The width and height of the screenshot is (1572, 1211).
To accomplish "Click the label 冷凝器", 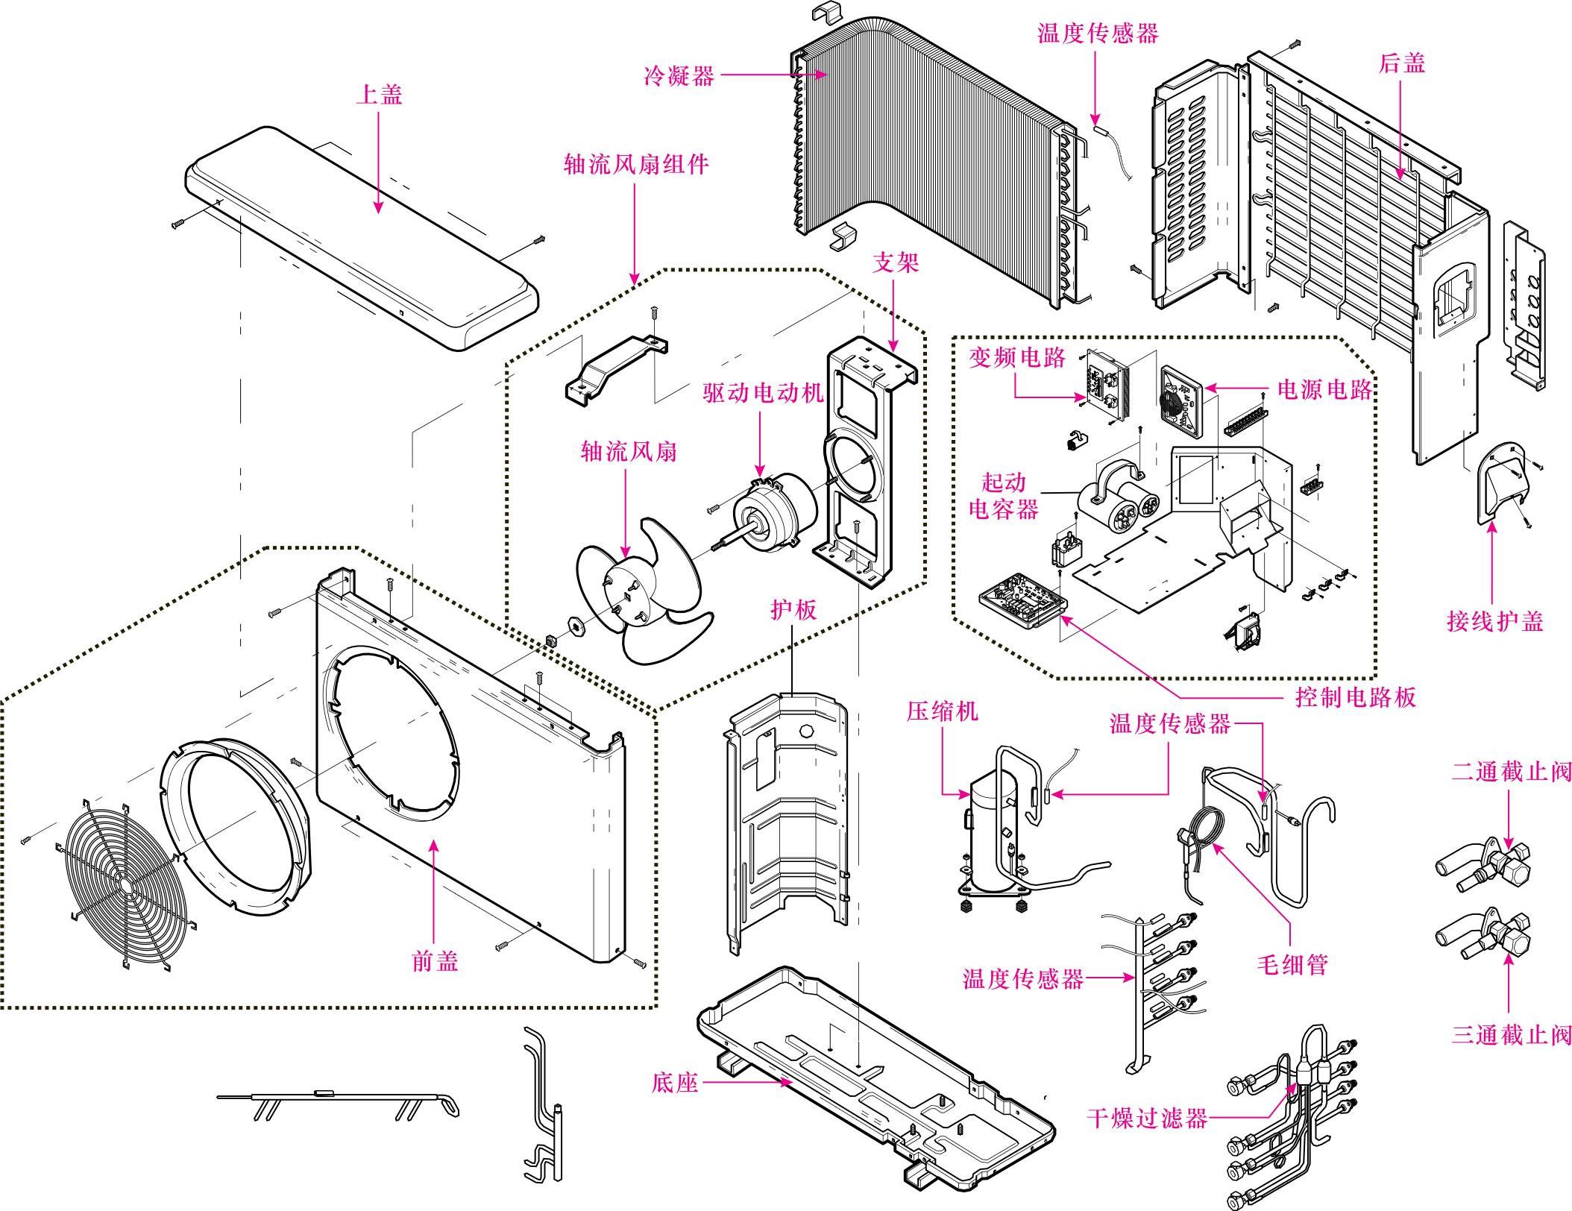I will point(679,75).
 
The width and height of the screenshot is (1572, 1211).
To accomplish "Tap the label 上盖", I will point(380,95).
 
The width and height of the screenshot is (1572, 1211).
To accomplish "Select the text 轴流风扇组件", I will point(635,164).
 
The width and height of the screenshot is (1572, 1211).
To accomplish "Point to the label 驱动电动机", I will point(763,392).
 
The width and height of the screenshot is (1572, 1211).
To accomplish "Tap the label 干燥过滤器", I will point(1146,1119).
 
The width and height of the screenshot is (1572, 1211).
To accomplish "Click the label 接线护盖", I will point(1494,620).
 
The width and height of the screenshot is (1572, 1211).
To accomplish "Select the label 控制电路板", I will point(1355,697).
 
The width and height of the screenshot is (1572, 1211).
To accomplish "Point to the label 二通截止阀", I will point(1512,771).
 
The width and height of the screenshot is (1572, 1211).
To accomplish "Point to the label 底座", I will point(674,1083).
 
